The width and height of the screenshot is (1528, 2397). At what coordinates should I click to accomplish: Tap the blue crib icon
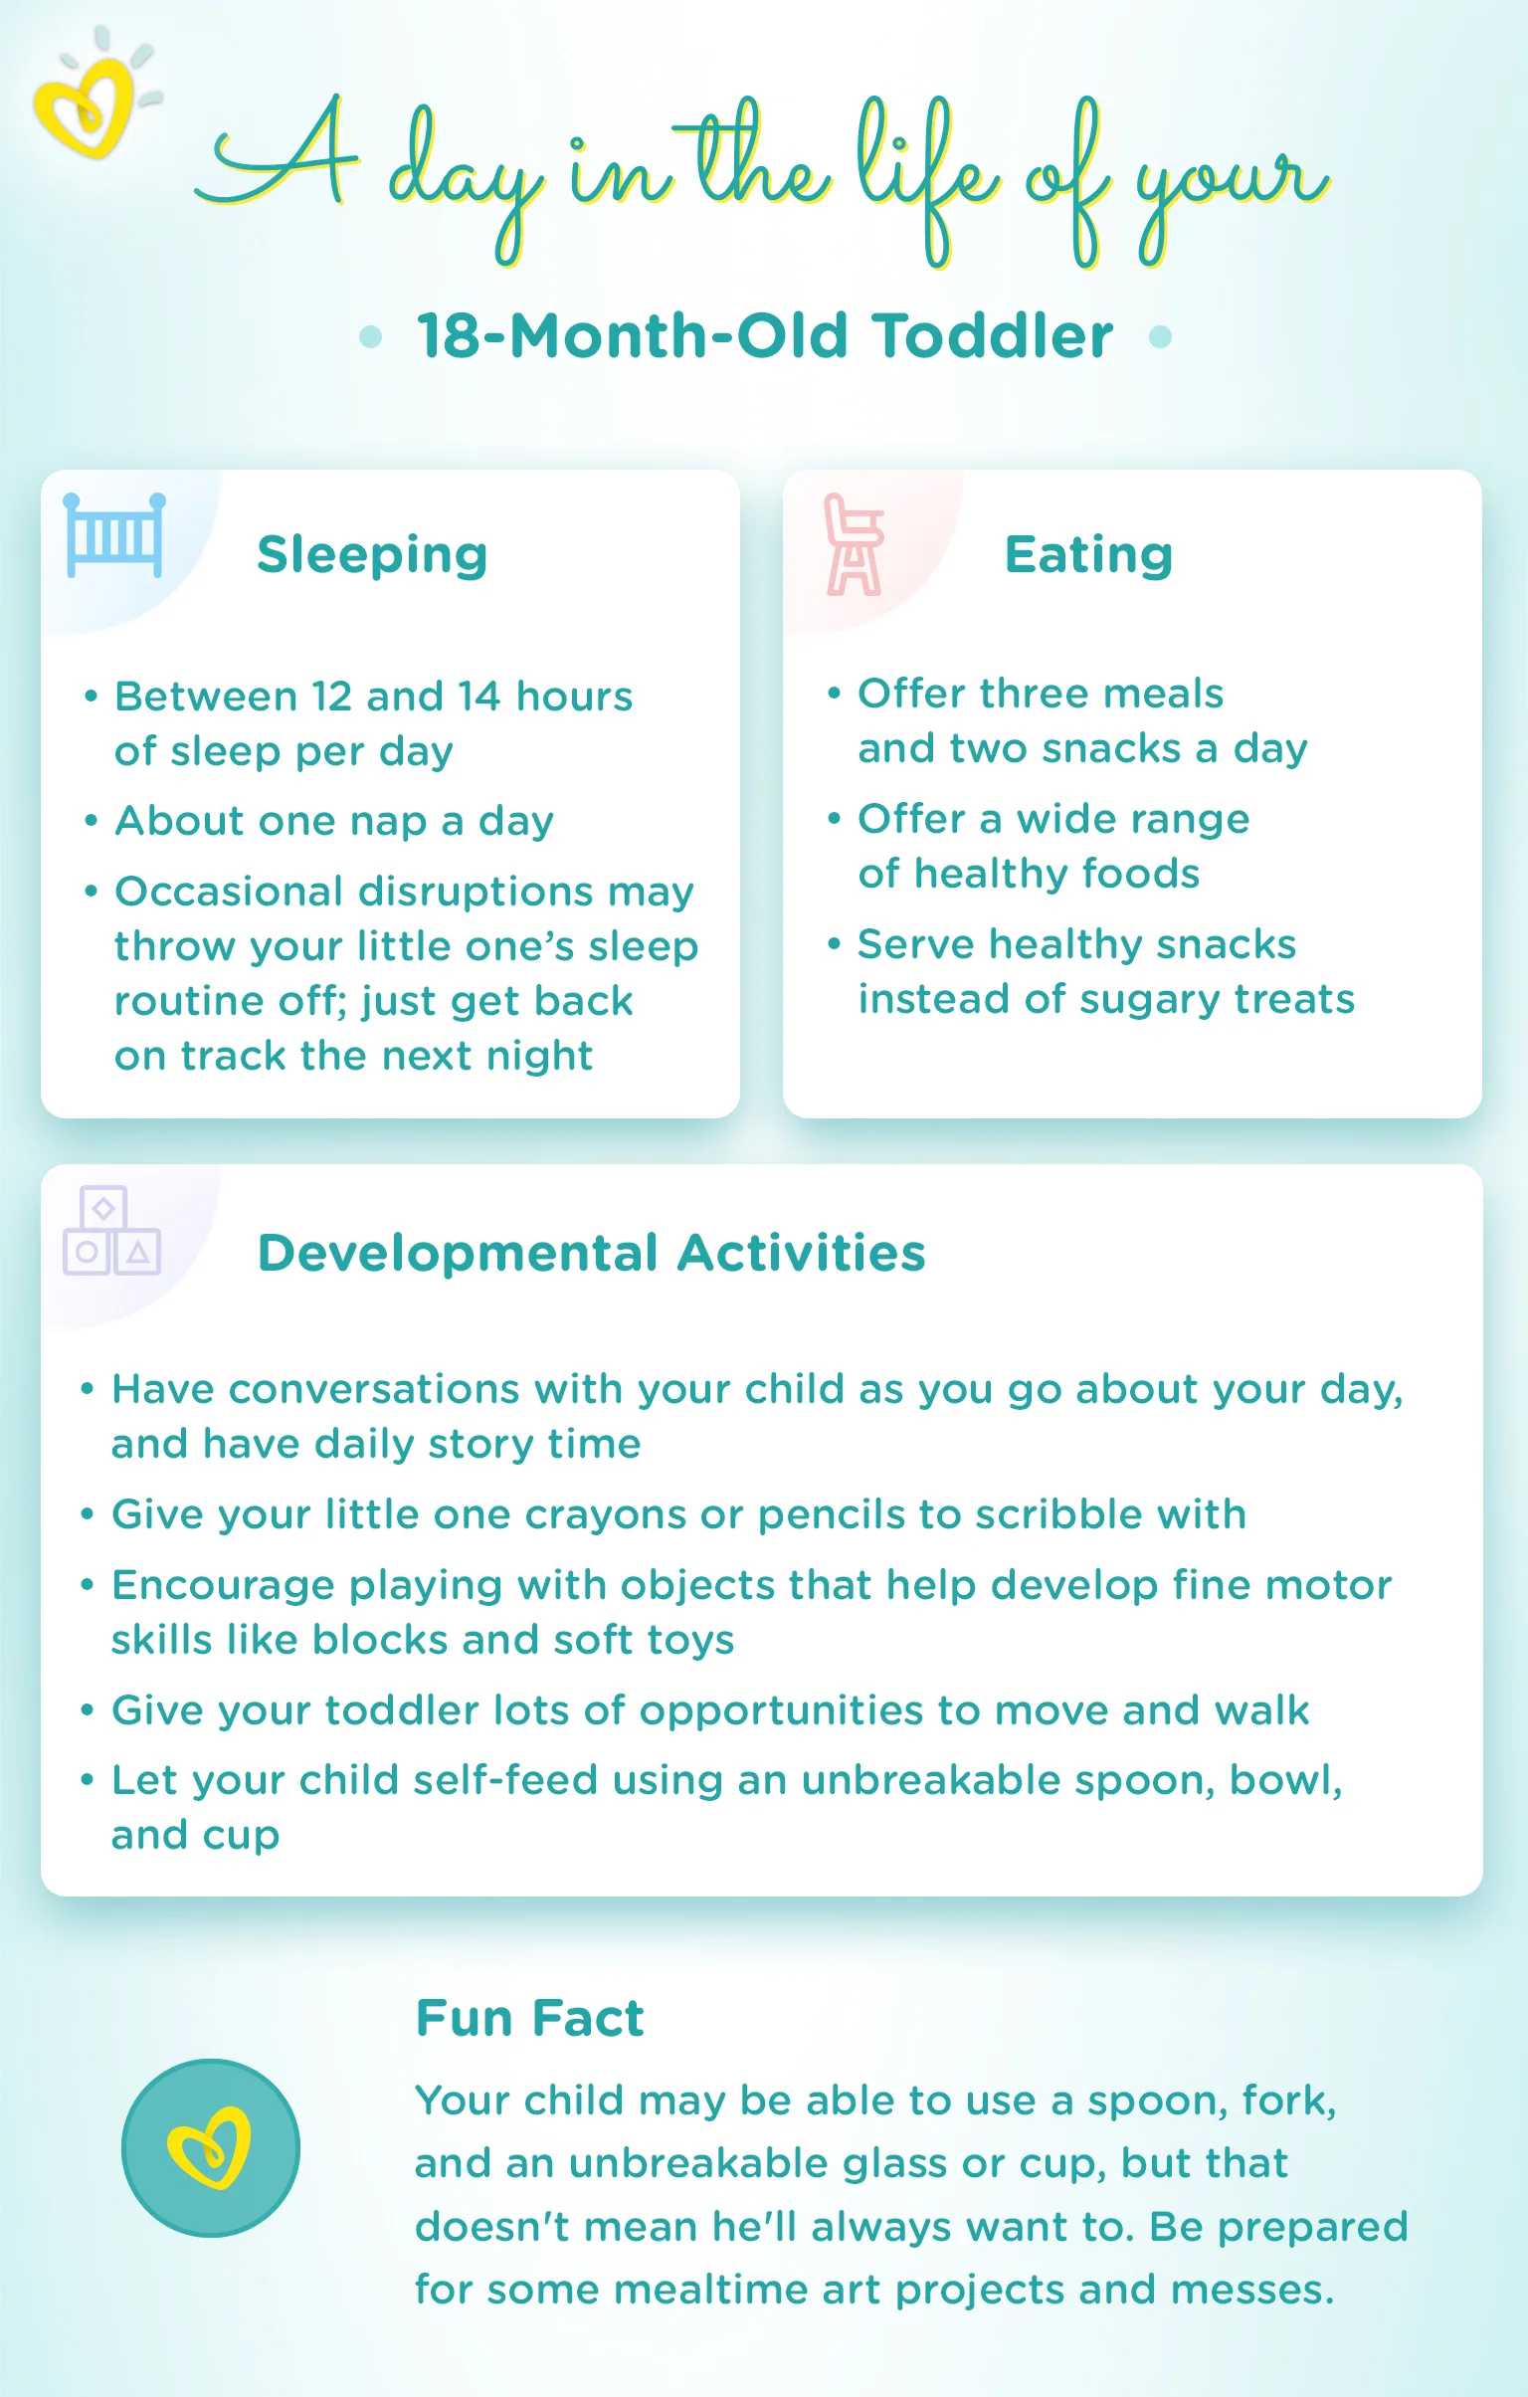(113, 535)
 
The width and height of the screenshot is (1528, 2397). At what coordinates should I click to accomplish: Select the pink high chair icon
(854, 545)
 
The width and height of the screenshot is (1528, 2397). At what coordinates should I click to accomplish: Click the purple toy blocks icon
(110, 1232)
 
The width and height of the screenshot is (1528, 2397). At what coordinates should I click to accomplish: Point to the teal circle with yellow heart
(211, 2147)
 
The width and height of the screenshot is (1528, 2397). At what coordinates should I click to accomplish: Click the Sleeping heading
(372, 555)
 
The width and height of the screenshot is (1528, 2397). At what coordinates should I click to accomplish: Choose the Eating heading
(1088, 554)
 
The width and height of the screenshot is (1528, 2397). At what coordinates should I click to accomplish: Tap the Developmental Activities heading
(591, 1253)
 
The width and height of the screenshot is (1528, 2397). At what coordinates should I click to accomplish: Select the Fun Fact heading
(529, 2019)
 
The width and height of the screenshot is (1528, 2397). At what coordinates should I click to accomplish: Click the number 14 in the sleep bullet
(479, 697)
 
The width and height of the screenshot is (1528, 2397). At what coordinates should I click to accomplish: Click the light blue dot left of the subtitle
(370, 336)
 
